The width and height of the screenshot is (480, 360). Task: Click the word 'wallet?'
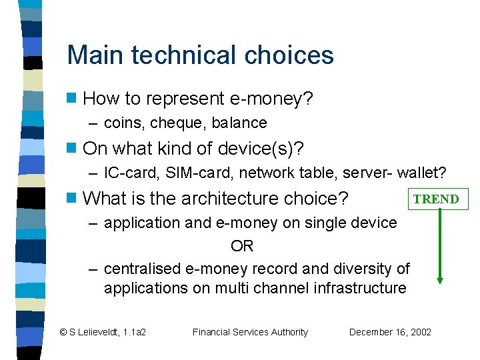(x=422, y=173)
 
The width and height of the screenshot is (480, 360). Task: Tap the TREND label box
(x=436, y=199)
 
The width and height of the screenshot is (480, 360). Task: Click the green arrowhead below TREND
(x=439, y=279)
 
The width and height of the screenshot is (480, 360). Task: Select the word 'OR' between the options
(x=241, y=246)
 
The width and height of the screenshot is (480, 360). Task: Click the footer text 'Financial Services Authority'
(x=250, y=332)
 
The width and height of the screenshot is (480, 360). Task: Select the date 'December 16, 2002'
(x=390, y=332)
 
